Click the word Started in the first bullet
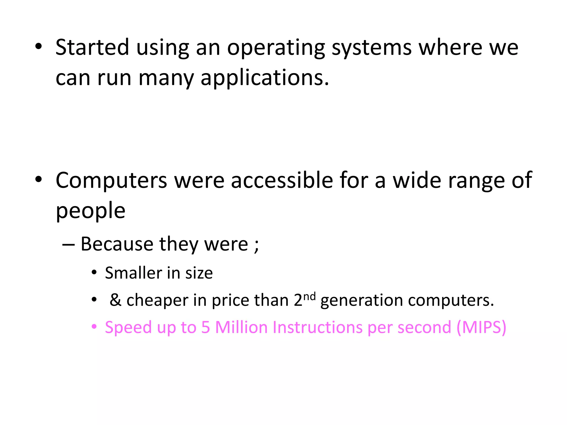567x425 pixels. point(92,47)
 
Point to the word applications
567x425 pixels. point(265,78)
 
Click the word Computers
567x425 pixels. point(111,180)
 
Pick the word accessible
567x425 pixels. point(282,180)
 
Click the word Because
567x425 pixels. point(117,244)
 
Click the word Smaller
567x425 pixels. point(134,273)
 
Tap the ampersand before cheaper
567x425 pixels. point(115,300)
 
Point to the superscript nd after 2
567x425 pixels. point(310,296)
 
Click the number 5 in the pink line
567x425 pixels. point(205,327)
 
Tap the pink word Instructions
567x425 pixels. point(318,327)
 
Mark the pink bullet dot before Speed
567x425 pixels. point(94,327)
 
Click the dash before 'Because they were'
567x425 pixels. point(68,245)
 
